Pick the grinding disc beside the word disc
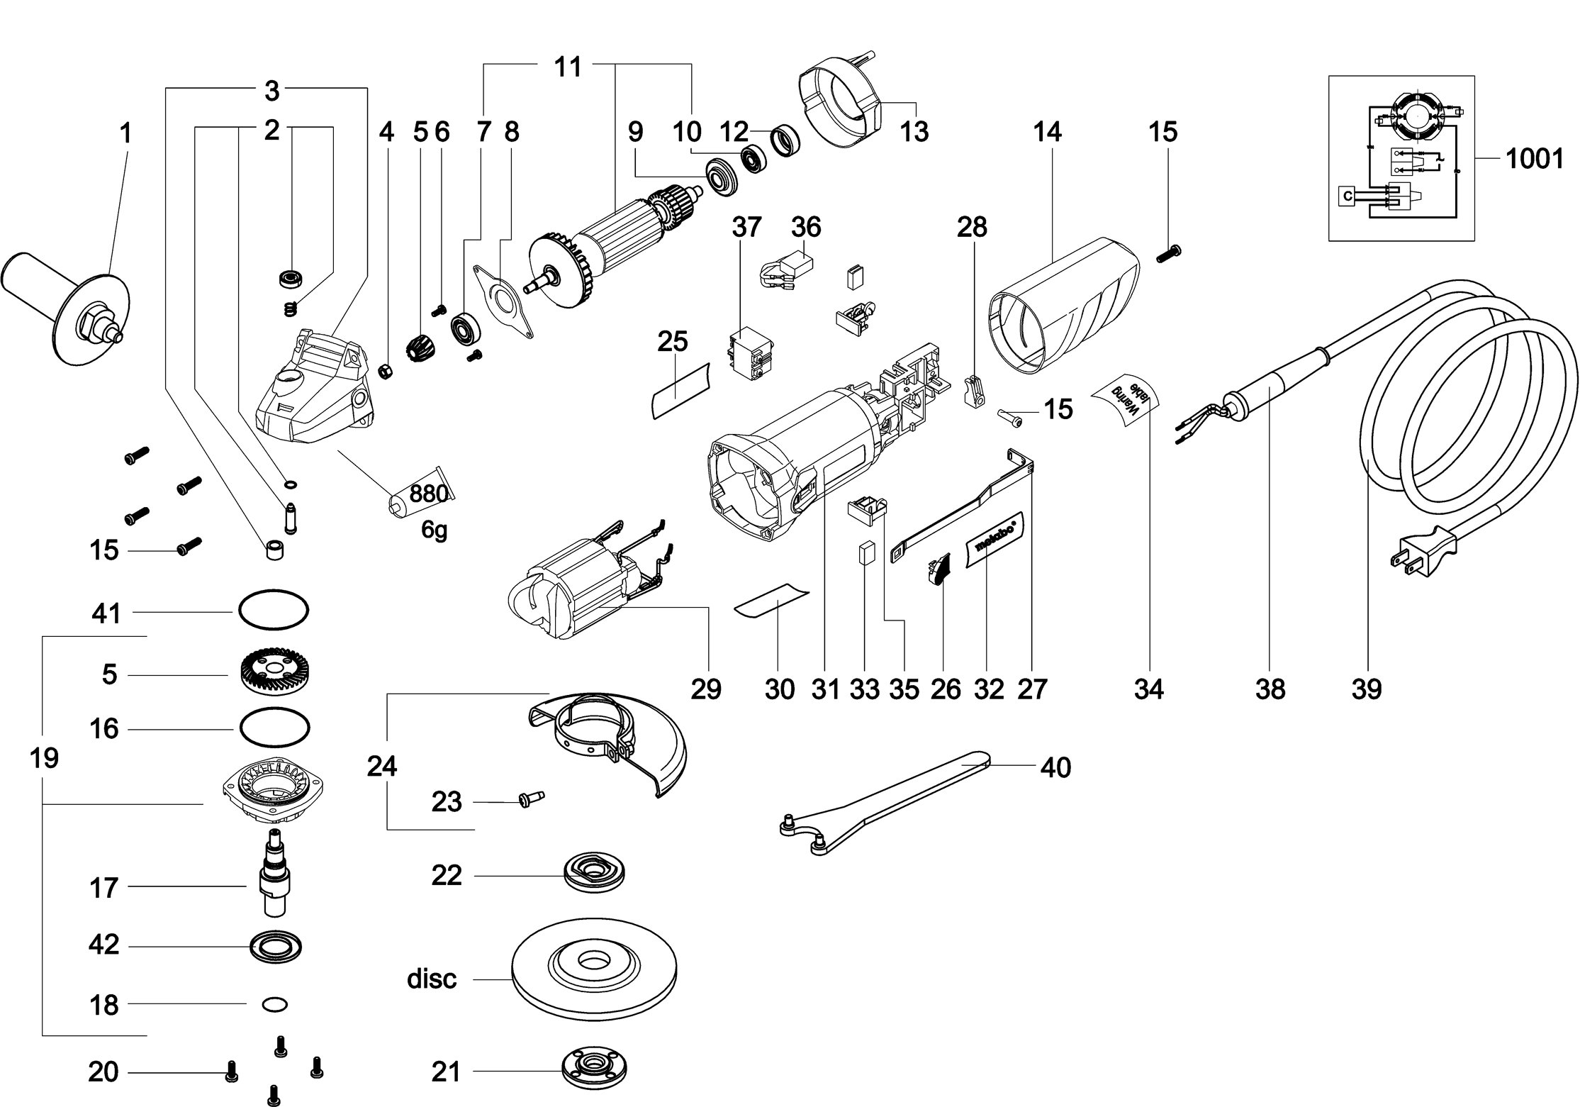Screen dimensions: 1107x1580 click(594, 979)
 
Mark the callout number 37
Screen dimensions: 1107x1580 click(746, 227)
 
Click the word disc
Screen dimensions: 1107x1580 click(432, 979)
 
